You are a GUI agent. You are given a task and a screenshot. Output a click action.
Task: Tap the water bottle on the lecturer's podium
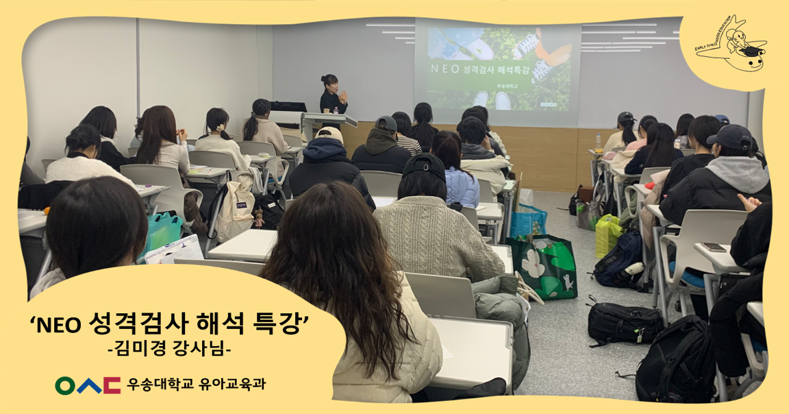coord(336,110)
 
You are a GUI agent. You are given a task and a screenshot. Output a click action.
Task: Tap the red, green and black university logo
coord(88,385)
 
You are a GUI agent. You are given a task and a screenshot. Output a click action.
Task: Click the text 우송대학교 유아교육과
coord(196,385)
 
